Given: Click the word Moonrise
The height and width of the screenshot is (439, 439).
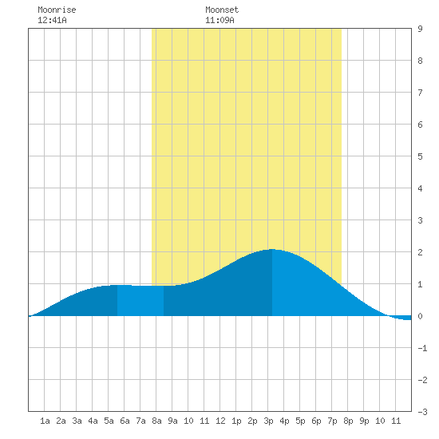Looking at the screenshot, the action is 57,10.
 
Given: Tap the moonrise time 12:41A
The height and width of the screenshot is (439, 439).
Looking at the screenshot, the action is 52,20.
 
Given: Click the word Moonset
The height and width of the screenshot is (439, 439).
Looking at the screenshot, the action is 222,10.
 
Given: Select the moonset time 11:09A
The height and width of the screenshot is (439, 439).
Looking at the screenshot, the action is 219,20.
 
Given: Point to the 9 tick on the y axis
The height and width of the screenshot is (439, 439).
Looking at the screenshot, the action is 420,29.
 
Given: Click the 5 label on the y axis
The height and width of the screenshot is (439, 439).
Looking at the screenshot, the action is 420,156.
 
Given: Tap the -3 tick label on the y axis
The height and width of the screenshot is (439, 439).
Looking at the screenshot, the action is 422,412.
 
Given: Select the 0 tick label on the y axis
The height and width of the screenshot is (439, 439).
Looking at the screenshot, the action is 420,316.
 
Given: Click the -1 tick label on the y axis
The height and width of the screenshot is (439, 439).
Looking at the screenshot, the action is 422,348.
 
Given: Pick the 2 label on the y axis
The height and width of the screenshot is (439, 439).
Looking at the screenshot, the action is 420,252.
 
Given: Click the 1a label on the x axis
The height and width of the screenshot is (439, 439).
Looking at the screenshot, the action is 45,421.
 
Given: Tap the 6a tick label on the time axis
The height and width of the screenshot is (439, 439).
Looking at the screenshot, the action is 125,421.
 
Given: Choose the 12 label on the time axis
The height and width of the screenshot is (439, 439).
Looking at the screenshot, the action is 220,421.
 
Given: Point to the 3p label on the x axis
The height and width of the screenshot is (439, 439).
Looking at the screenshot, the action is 268,421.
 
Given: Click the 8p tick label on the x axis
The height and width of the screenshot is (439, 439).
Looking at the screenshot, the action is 348,421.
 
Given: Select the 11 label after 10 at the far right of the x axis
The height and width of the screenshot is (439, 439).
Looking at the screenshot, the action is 396,421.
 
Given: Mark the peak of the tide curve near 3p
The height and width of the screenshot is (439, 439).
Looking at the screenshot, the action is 272,249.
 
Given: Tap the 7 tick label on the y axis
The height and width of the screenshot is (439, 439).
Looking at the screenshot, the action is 420,93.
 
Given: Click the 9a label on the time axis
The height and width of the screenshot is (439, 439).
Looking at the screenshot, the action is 172,421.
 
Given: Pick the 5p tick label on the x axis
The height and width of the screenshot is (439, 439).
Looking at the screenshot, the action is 300,421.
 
